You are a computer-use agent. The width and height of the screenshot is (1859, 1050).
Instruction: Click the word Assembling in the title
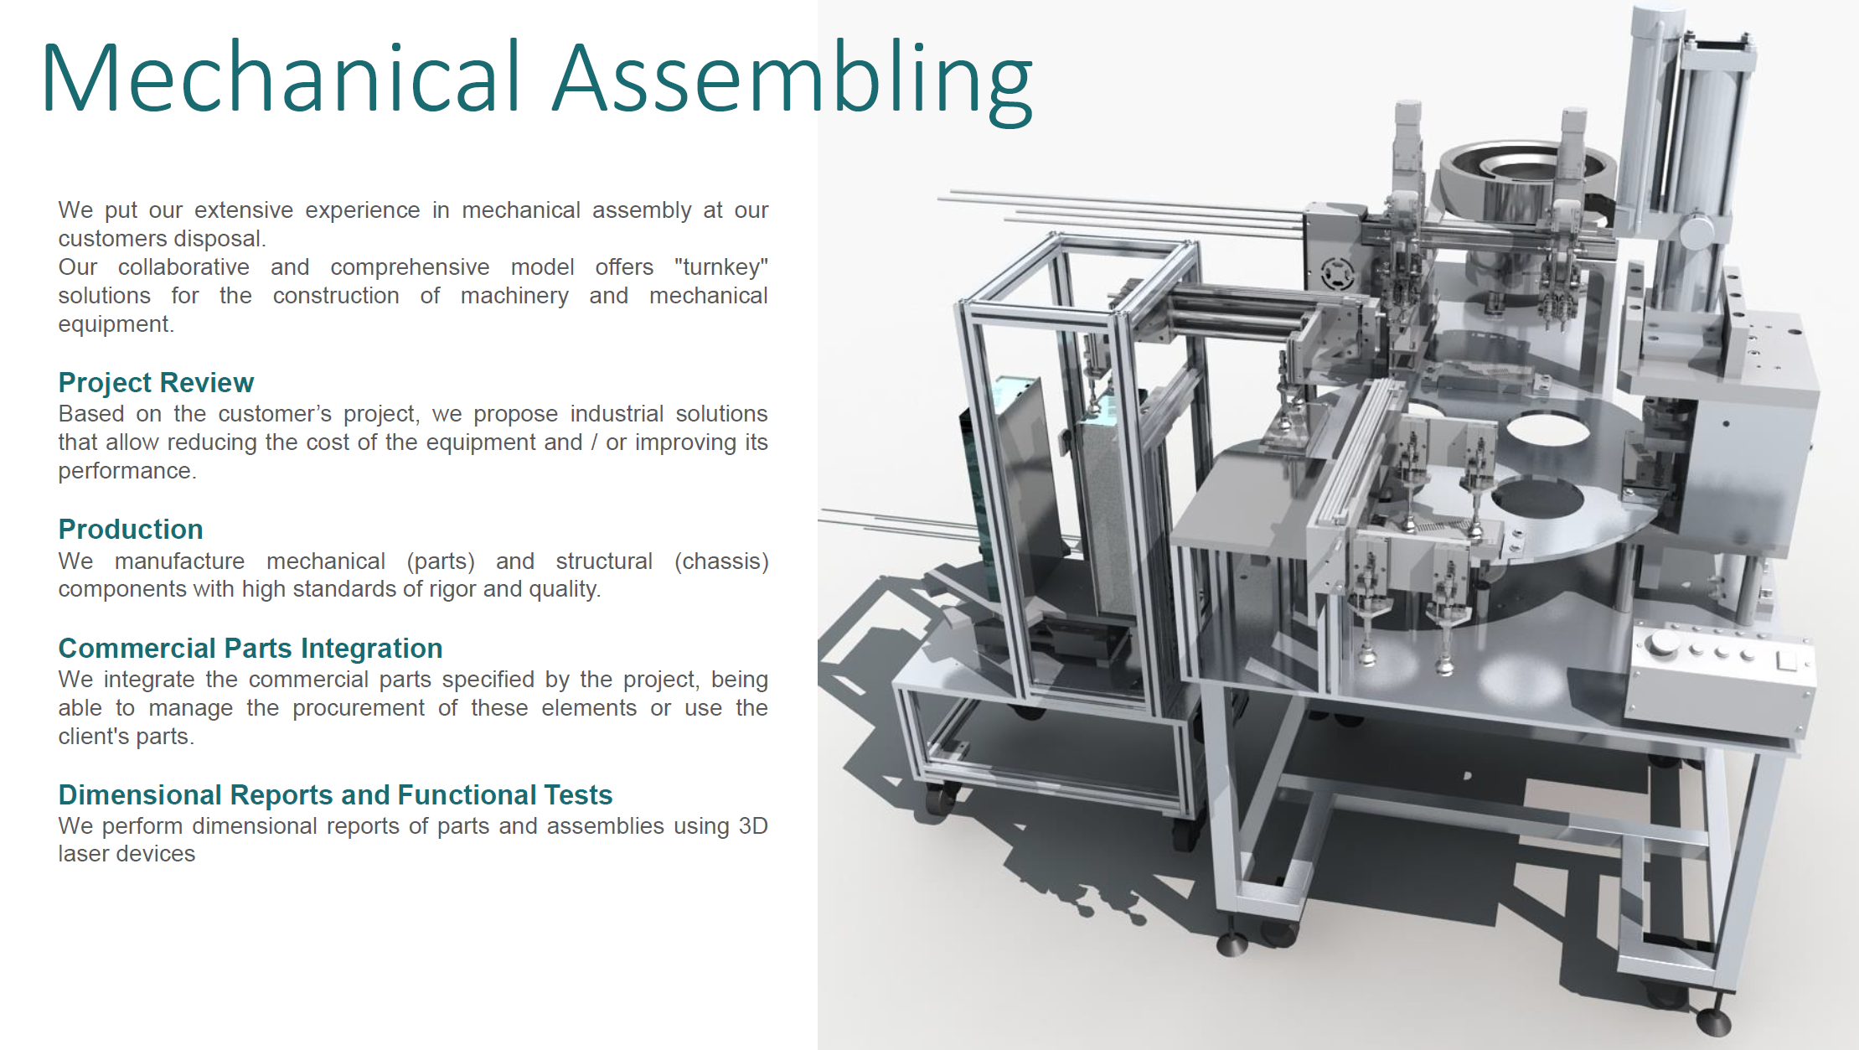tap(793, 81)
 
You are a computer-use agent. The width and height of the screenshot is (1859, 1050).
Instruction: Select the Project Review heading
tap(156, 383)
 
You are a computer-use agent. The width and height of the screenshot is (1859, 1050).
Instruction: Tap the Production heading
tap(131, 530)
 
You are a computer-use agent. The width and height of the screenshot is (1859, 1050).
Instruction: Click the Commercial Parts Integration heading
tap(250, 649)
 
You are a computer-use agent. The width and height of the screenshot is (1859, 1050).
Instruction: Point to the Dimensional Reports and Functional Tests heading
tap(335, 794)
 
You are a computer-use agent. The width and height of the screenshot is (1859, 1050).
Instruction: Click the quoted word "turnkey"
tap(721, 267)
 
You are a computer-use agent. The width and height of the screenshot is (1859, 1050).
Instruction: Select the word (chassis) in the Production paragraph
tap(721, 561)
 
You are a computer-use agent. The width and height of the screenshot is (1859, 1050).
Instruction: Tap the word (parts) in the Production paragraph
tap(441, 561)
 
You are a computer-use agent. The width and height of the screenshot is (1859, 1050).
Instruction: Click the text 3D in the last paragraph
tap(753, 826)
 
